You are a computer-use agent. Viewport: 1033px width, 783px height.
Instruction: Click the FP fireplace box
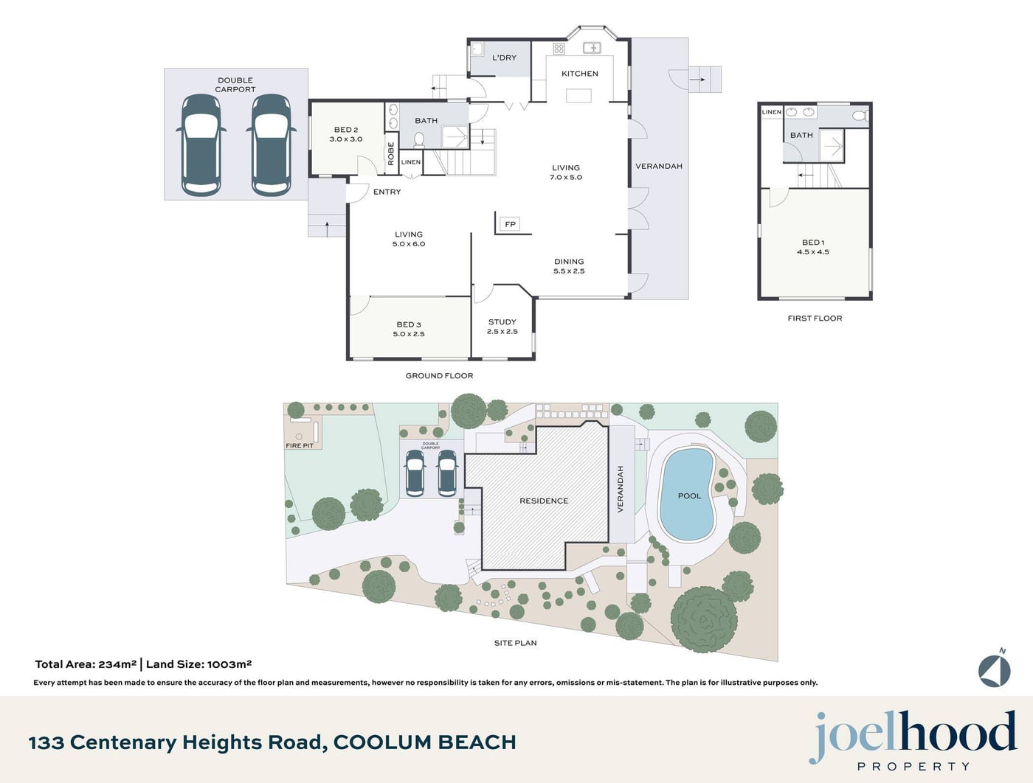(510, 224)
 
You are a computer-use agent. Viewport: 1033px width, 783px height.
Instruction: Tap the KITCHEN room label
(580, 74)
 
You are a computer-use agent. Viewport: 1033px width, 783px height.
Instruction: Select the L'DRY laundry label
(504, 58)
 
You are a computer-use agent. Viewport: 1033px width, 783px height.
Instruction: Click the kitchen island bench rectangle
(578, 95)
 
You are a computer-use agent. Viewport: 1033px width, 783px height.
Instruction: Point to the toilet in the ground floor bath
(418, 139)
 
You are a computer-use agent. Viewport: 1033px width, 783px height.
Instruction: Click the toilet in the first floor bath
(860, 115)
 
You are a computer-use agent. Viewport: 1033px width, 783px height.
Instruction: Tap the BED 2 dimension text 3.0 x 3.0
(346, 139)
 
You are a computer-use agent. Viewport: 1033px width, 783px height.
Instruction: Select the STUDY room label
(502, 322)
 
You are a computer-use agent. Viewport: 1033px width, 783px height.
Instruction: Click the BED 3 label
(409, 324)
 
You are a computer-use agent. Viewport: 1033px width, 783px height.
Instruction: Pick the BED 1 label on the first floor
(813, 243)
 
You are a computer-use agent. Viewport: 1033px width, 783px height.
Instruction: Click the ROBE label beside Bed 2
(390, 154)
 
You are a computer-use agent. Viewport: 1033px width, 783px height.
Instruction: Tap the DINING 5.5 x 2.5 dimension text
(569, 271)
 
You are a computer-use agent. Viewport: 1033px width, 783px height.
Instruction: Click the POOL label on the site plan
(689, 495)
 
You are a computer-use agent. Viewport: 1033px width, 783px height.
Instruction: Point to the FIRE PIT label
(300, 446)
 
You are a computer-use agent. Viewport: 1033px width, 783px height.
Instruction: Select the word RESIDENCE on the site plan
(544, 501)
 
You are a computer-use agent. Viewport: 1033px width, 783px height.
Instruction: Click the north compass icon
(995, 669)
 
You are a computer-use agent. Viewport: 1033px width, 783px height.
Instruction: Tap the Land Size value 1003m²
(229, 664)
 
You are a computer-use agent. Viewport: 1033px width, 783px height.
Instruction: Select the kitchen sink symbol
(592, 47)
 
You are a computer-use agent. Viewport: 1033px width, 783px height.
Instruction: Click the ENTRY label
(387, 192)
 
